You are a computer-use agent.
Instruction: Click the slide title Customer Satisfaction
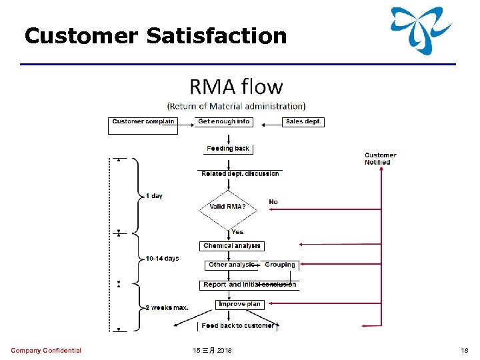(x=155, y=35)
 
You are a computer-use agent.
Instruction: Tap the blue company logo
(x=421, y=30)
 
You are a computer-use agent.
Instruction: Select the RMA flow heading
(x=236, y=87)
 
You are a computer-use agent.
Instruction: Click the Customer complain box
(x=143, y=122)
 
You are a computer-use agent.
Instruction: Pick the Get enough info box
(x=224, y=122)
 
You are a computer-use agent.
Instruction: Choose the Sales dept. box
(x=303, y=122)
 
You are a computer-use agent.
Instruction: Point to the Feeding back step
(x=228, y=149)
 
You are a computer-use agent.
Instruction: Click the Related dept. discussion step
(x=240, y=174)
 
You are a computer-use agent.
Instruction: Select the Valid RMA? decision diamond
(x=228, y=207)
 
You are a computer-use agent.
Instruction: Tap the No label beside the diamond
(x=273, y=201)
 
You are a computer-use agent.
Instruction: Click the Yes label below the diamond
(x=237, y=232)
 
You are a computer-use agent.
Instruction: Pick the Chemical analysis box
(x=232, y=246)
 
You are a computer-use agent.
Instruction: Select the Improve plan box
(x=239, y=304)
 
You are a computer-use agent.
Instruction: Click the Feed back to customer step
(x=238, y=325)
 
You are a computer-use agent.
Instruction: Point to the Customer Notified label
(x=381, y=159)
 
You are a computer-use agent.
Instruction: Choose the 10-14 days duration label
(x=162, y=258)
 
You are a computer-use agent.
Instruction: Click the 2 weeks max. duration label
(x=167, y=307)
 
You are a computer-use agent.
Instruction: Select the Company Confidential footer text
(x=46, y=351)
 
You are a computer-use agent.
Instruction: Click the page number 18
(x=465, y=351)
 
